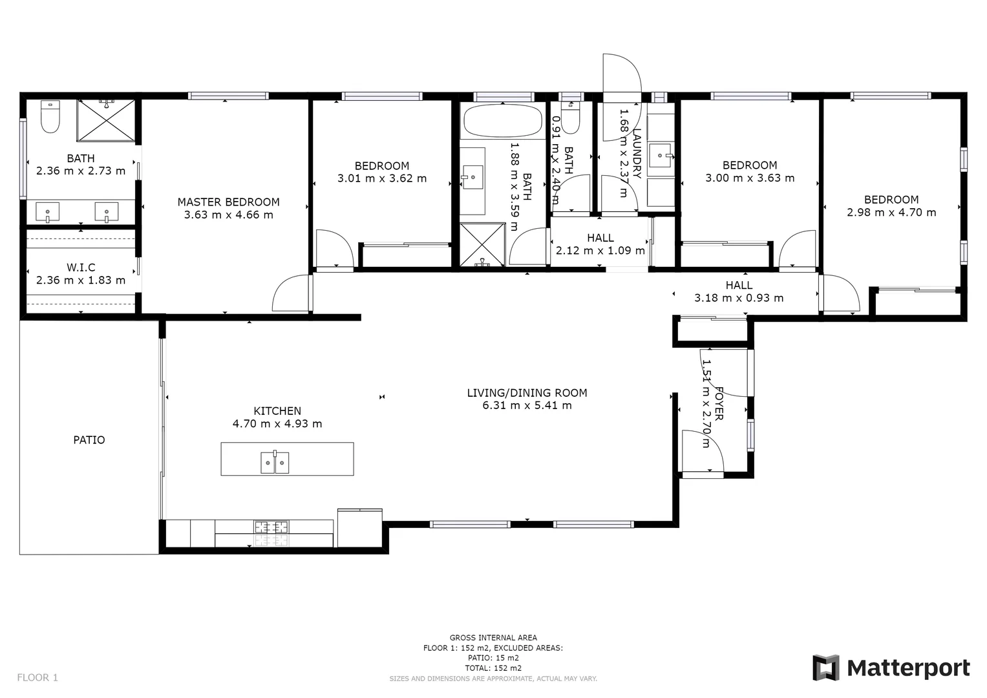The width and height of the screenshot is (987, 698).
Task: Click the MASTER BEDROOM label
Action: coord(228,202)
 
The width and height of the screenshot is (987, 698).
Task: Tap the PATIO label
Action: coord(89,440)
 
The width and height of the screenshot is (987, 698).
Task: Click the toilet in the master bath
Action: coord(50,116)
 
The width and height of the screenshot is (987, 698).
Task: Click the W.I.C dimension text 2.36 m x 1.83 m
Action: coord(81,280)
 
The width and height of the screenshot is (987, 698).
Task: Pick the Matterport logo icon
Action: coord(825,668)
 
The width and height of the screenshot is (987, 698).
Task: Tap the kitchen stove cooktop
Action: coord(271,527)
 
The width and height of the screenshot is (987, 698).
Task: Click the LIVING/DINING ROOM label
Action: coord(527,393)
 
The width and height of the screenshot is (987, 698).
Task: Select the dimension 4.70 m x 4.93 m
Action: coord(277,425)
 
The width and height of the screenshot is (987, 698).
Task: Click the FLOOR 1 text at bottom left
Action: coord(37,677)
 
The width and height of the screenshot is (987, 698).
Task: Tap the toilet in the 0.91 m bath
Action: coord(570,116)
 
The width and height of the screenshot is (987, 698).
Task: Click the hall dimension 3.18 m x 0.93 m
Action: coord(739,298)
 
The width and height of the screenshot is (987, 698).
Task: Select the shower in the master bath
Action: coord(107,120)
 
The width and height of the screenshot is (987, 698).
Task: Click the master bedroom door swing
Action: coord(292,295)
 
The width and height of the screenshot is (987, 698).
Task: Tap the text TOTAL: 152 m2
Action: coord(493,668)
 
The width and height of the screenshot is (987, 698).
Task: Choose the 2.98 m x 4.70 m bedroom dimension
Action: coord(891,213)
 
